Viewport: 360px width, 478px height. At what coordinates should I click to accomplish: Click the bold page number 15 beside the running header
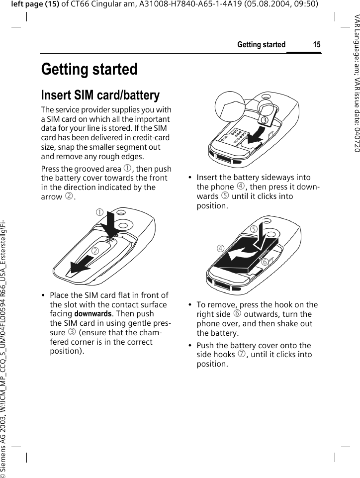[316, 45]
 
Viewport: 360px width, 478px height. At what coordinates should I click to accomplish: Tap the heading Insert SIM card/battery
[100, 95]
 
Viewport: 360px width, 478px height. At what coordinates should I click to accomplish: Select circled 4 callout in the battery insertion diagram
[219, 248]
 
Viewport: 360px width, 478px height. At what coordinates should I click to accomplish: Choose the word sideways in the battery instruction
[282, 178]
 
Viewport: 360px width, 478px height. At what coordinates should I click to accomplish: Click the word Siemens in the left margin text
[4, 455]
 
